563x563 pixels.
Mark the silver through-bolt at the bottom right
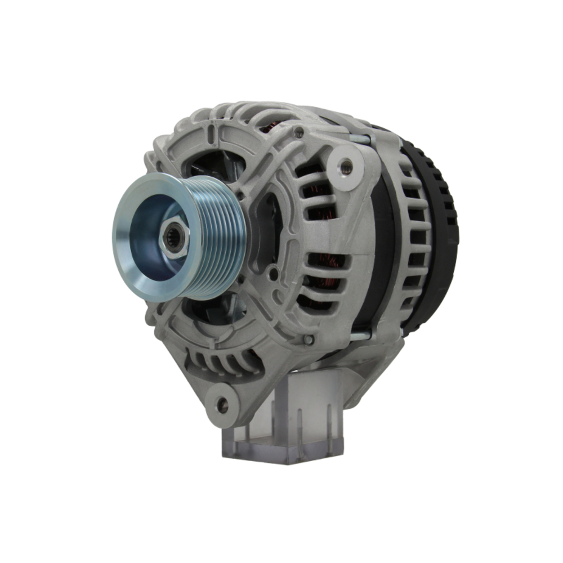[x=360, y=336]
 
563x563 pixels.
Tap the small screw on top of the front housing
[x=298, y=133]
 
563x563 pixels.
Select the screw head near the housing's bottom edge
[x=308, y=339]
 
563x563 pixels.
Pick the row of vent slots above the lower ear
[x=225, y=360]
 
